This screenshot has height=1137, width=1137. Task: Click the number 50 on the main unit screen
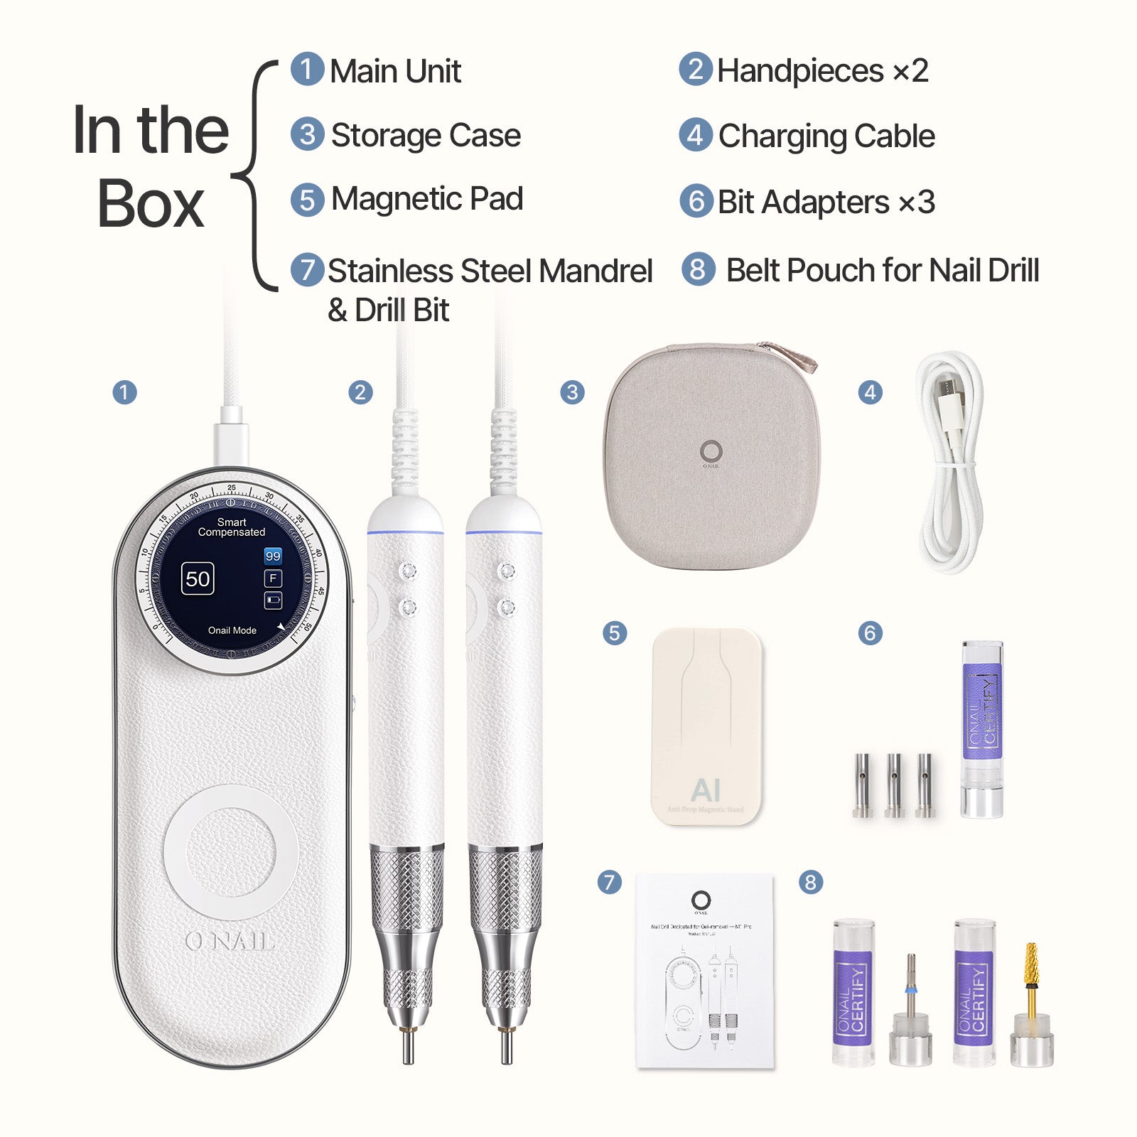[198, 579]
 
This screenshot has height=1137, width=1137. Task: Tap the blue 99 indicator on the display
[273, 556]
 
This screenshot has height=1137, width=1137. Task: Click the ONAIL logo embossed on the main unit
[230, 942]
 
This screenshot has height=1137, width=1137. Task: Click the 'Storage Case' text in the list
[426, 135]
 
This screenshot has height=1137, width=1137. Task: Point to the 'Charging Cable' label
[826, 136]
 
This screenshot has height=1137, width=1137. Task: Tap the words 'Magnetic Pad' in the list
[426, 199]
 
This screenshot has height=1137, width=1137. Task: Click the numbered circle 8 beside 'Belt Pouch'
[698, 269]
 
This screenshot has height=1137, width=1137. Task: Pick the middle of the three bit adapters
[894, 785]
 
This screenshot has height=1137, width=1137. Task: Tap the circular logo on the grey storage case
[711, 451]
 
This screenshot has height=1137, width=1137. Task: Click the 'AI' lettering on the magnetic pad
[706, 790]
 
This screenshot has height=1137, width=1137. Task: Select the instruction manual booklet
[704, 971]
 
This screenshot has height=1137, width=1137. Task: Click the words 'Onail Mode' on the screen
[232, 630]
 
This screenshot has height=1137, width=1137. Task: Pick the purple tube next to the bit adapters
[982, 728]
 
